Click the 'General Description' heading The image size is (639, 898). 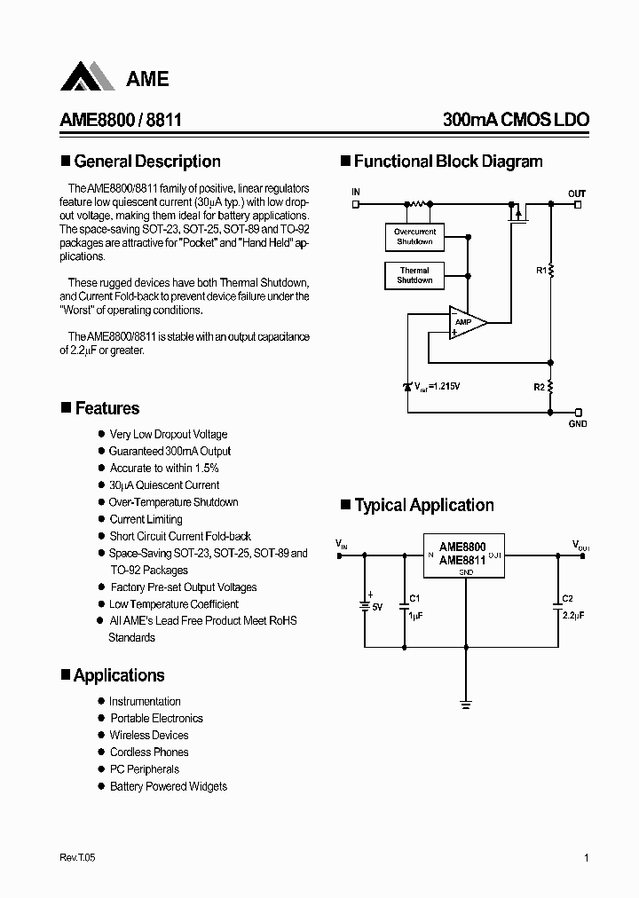point(146,161)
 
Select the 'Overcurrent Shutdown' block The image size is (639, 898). point(414,237)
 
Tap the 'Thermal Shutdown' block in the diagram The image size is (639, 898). point(414,275)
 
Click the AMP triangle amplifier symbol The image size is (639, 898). point(464,322)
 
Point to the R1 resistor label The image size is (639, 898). point(540,270)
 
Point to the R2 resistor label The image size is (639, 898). point(539,388)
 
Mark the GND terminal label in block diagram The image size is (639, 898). point(577,424)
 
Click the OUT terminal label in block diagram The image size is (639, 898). point(577,193)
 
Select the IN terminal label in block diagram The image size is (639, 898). point(356,193)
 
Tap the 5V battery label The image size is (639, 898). point(376,607)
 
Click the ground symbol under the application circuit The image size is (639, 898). point(466,705)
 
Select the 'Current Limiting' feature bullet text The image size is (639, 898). point(146,519)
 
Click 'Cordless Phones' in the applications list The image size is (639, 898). point(149,752)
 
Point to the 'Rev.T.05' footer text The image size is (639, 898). point(77,858)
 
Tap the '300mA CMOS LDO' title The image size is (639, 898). point(516,120)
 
